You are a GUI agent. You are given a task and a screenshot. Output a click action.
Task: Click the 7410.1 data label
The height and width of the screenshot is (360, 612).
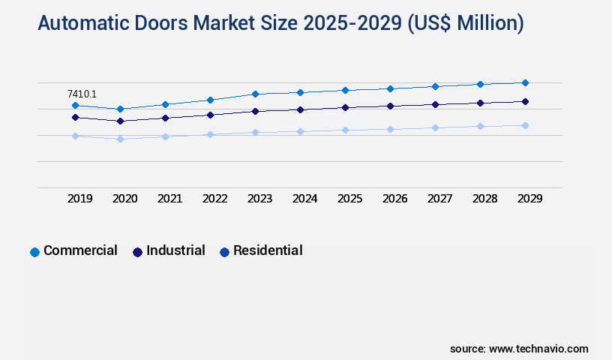82,94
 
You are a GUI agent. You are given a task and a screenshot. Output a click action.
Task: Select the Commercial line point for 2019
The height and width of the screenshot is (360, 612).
75,106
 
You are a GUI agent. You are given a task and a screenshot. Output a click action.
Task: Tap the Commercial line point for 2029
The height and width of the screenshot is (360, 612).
525,82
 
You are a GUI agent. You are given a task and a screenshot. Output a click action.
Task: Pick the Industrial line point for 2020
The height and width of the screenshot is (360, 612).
120,121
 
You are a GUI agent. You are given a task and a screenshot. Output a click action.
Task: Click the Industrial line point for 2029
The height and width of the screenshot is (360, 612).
525,101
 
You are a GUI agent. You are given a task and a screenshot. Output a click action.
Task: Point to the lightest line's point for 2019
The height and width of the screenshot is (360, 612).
75,136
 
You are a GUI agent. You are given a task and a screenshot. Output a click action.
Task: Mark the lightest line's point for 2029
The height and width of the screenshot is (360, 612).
525,125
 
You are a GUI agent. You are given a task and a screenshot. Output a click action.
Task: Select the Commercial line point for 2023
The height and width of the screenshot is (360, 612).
255,94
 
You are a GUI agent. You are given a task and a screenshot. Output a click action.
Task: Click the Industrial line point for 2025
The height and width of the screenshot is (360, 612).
345,107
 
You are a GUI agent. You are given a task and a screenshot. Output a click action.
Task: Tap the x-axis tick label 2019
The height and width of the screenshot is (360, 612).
79,199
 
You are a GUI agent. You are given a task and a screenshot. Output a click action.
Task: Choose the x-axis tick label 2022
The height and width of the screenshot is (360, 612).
214,199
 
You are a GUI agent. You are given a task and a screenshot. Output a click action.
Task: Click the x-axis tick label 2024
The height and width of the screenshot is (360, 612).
304,199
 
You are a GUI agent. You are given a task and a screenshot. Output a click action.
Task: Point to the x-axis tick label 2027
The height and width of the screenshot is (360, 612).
439,199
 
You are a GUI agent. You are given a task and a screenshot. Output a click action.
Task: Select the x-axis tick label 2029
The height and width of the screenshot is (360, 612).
529,199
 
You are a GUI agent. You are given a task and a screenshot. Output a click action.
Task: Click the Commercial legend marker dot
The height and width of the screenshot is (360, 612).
34,252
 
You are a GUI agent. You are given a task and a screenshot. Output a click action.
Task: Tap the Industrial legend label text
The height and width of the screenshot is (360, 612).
175,250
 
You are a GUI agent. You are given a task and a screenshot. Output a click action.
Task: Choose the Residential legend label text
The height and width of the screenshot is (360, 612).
268,250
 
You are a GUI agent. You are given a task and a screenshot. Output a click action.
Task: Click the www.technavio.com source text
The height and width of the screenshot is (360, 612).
538,349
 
